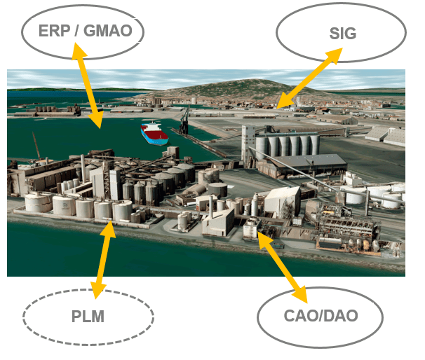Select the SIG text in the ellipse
[342, 33]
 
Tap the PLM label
[88, 317]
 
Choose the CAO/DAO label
[320, 316]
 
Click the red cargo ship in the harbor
[154, 133]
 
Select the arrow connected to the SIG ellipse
[309, 78]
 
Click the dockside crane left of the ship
[184, 119]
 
